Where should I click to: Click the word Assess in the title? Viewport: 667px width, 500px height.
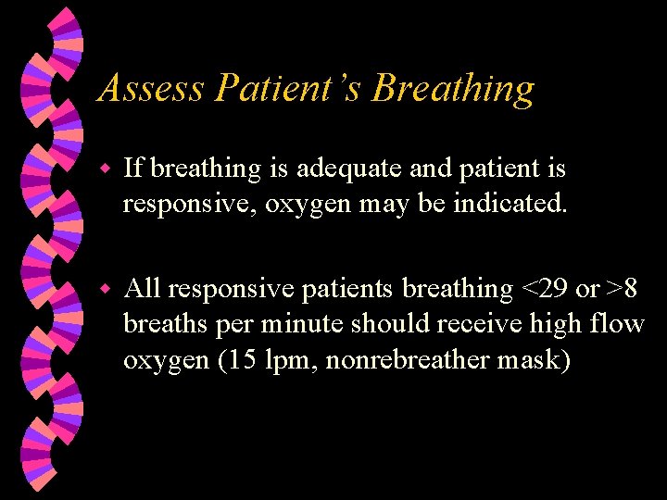coord(151,89)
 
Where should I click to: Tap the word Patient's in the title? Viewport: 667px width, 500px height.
coord(289,89)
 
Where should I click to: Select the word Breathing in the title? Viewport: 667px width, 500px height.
coord(454,89)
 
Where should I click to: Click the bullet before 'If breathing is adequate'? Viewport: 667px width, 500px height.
coord(106,169)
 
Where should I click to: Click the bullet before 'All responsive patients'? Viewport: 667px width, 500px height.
coord(106,290)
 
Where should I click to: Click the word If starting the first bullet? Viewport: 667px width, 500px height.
coord(133,169)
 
